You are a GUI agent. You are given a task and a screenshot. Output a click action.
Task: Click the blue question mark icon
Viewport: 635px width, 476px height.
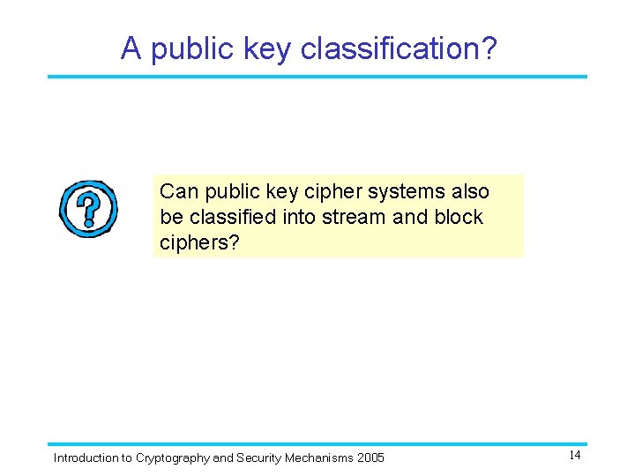coord(88,209)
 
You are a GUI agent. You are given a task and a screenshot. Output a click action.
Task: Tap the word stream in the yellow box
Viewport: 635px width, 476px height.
coord(354,217)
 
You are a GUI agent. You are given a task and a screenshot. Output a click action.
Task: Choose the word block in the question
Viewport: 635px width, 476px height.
coord(459,217)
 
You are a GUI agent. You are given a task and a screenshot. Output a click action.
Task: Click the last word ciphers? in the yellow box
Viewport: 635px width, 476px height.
coord(199,242)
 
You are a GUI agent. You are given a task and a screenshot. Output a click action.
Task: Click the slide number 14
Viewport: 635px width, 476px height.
coord(574,456)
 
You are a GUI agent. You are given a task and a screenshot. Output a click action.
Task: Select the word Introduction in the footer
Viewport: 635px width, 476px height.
coord(86,457)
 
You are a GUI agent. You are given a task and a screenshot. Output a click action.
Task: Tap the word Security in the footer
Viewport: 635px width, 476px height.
coord(259,457)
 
